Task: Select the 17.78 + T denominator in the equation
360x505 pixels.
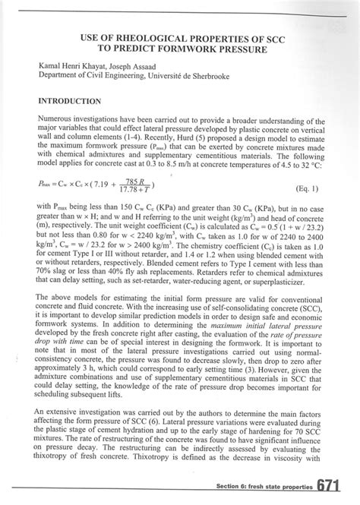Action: pos(134,190)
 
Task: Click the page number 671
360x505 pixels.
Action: pos(337,486)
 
